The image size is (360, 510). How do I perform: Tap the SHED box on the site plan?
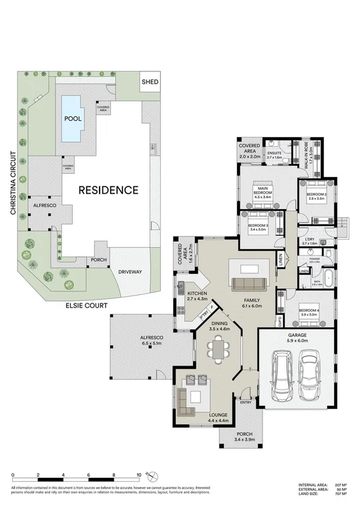[148, 82]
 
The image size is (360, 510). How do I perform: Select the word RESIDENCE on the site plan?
[108, 190]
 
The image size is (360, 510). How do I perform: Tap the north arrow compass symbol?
[154, 477]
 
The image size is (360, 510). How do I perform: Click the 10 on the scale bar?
[138, 475]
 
